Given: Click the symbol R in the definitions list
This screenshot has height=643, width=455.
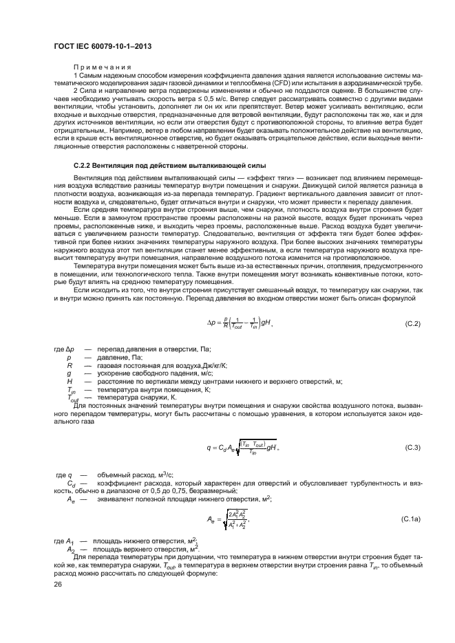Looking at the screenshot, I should click(70, 366).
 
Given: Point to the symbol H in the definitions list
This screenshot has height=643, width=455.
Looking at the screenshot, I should click(70, 381).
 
